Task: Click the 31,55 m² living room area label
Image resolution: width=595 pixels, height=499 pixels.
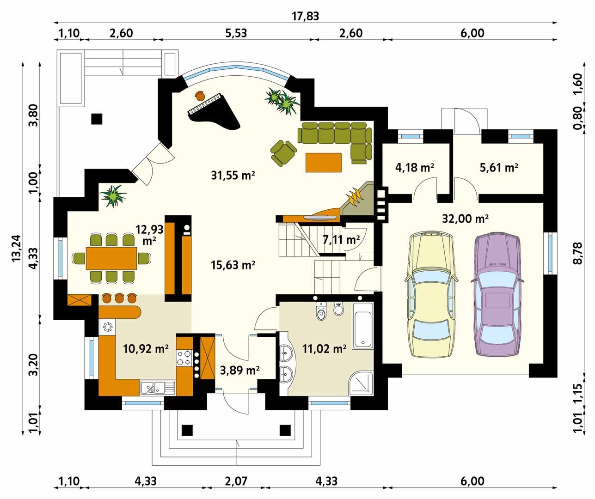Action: tap(233, 175)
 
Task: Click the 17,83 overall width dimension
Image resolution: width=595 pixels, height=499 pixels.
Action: tap(305, 16)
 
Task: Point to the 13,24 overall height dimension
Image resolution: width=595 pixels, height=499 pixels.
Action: tap(16, 248)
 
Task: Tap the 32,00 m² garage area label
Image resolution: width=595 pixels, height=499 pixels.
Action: tap(466, 219)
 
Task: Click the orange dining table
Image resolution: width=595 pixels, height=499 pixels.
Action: tap(111, 258)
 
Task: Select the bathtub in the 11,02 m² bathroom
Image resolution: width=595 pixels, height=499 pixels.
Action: tap(362, 326)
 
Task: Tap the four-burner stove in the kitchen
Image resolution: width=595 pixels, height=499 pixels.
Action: tap(184, 358)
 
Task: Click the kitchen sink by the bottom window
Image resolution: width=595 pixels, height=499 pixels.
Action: tap(157, 388)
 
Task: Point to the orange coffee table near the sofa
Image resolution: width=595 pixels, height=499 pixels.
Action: tap(324, 162)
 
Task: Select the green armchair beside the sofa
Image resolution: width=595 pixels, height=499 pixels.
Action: tap(283, 152)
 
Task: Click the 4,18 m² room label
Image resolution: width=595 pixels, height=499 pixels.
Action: tap(415, 167)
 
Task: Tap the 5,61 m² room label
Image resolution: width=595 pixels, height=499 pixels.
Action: tap(499, 167)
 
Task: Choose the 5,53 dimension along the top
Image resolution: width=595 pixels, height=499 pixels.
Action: tap(236, 33)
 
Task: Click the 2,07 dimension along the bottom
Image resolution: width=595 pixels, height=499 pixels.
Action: tap(236, 481)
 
